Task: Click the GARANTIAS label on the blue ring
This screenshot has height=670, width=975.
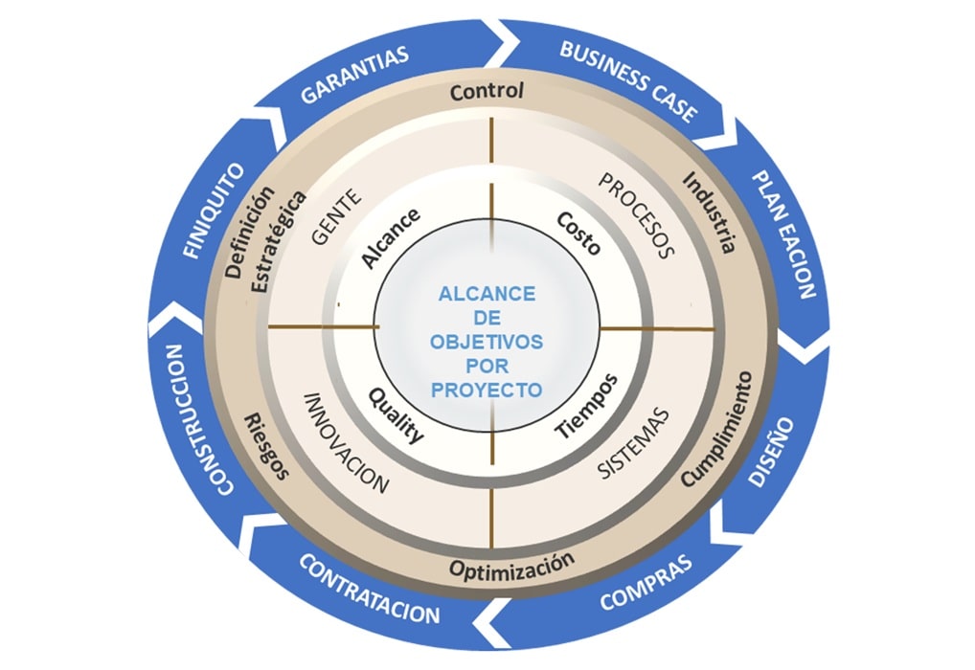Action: coord(355,74)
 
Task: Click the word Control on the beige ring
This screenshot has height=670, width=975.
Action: coord(487,92)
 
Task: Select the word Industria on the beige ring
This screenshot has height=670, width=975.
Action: coord(710,212)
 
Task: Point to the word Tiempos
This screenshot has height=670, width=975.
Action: coord(586,406)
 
